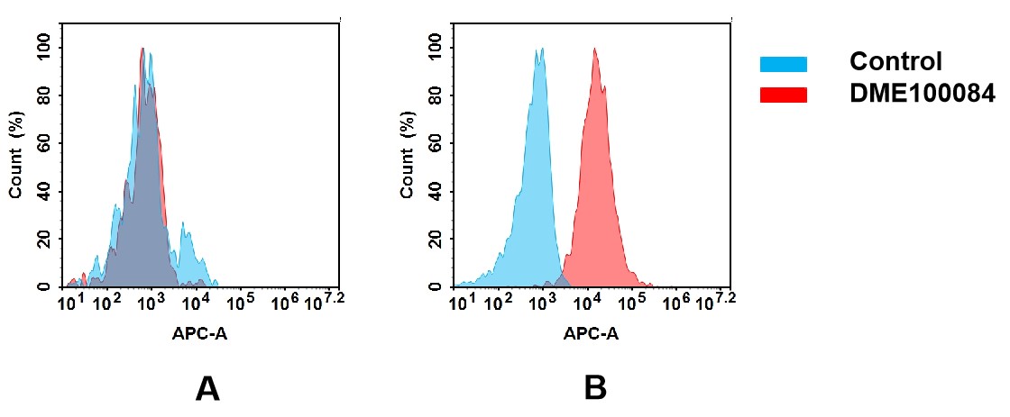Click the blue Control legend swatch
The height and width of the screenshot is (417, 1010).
tap(783, 64)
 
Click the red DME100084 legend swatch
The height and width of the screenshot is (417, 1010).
tap(783, 95)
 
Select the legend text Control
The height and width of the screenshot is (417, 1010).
tap(895, 62)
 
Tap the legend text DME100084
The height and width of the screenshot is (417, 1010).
tap(922, 93)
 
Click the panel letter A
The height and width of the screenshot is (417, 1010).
tap(207, 388)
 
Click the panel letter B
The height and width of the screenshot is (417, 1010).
tap(594, 388)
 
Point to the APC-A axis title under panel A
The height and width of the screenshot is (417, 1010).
tap(199, 334)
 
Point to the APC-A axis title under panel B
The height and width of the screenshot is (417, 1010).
tap(591, 334)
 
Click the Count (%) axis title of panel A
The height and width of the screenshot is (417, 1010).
tap(15, 159)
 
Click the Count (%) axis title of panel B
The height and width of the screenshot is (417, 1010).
tap(407, 159)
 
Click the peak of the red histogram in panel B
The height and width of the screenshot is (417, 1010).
tap(595, 50)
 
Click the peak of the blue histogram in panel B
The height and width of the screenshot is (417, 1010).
tap(539, 50)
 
